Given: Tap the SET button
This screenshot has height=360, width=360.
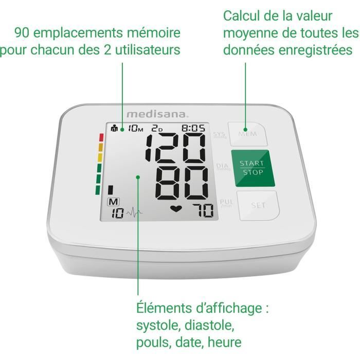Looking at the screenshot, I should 258,205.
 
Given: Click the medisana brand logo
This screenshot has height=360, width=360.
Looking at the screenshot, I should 150,114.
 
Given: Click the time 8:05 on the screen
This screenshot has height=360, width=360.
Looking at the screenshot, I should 193,129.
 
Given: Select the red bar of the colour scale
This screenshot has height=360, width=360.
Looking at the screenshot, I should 101,138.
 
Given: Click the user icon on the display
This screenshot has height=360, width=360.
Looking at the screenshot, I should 114,129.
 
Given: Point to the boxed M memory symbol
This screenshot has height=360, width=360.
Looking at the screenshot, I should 112,202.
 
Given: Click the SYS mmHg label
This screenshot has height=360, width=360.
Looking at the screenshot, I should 219,136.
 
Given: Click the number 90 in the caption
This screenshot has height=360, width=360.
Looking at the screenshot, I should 24,33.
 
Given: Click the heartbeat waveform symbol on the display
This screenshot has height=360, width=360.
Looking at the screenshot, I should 135,212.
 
